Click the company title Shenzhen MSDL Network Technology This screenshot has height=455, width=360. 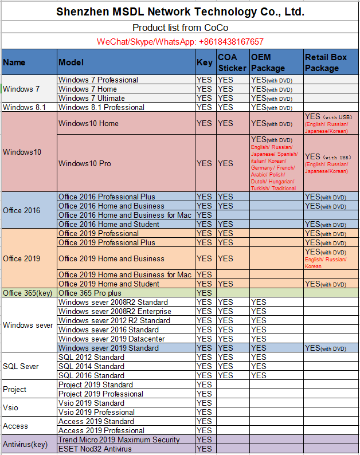pos(180,11)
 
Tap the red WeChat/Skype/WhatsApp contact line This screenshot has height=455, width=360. pos(180,42)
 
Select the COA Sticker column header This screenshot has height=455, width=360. pos(232,62)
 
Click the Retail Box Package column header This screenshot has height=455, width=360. pos(331,62)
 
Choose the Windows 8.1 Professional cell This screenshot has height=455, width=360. pos(101,107)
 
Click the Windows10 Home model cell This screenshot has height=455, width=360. pos(88,123)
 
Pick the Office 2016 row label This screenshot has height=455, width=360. pos(22,210)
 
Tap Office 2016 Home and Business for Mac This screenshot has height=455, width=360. pos(125,215)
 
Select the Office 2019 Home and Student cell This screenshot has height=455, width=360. pos(109,284)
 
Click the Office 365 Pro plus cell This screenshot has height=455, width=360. pos(89,293)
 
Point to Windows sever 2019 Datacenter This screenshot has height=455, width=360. pos(112,339)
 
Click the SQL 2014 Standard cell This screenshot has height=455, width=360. pos(91,366)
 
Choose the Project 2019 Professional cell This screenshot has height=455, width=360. pos(100,394)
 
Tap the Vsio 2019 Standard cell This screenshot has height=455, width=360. pos(91,403)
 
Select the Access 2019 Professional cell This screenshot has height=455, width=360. pos(101,430)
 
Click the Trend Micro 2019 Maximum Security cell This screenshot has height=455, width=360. pos(119,440)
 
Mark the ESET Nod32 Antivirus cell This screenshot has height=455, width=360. pos(95,449)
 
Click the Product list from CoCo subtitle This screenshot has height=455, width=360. pos(180,28)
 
